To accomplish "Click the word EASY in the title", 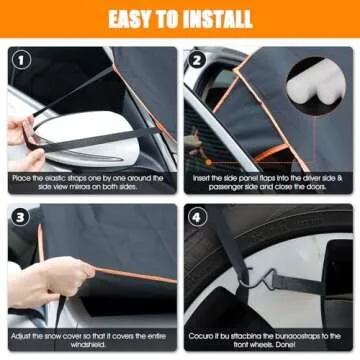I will [133, 17].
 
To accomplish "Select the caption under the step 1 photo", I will [91, 181].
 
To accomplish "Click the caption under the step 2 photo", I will [269, 181].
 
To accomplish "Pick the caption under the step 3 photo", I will [91, 339].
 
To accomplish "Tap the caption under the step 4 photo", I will [269, 339].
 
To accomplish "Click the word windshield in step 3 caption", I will [91, 345].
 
